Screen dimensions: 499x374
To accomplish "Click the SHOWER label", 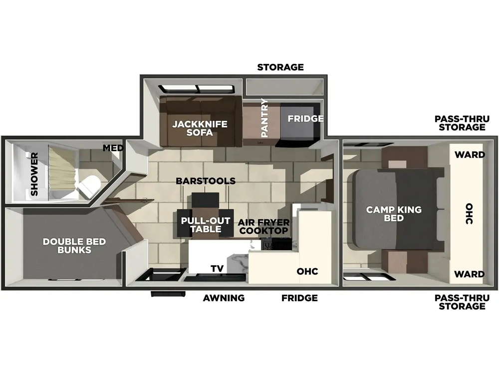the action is pyautogui.click(x=34, y=174).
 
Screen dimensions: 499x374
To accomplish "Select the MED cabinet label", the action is pyautogui.click(x=113, y=148).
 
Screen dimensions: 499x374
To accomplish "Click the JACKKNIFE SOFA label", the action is pyautogui.click(x=200, y=128).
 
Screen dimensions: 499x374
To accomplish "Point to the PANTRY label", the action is pyautogui.click(x=264, y=118).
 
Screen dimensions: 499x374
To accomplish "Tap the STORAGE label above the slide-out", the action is pyautogui.click(x=280, y=67).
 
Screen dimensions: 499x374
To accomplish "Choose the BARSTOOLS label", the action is pyautogui.click(x=206, y=181).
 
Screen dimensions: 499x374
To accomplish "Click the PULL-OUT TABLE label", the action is pyautogui.click(x=206, y=225).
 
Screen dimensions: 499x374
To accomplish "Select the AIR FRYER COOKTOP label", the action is pyautogui.click(x=264, y=226).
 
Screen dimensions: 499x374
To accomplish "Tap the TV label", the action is pyautogui.click(x=217, y=269).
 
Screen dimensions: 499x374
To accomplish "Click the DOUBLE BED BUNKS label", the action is pyautogui.click(x=74, y=246).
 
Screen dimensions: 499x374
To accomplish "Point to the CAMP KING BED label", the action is pyautogui.click(x=394, y=214).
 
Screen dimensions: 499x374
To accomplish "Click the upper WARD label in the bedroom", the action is pyautogui.click(x=470, y=155).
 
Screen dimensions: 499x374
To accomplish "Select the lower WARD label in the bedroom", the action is pyautogui.click(x=470, y=274).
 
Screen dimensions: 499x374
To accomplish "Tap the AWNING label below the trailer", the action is pyautogui.click(x=224, y=298).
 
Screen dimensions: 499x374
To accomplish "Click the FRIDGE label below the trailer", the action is pyautogui.click(x=299, y=298).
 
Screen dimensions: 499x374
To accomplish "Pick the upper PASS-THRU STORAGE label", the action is pyautogui.click(x=462, y=123).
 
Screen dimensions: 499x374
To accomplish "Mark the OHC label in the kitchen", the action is pyautogui.click(x=307, y=271).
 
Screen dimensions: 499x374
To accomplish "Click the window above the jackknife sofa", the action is pyautogui.click(x=197, y=89).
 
